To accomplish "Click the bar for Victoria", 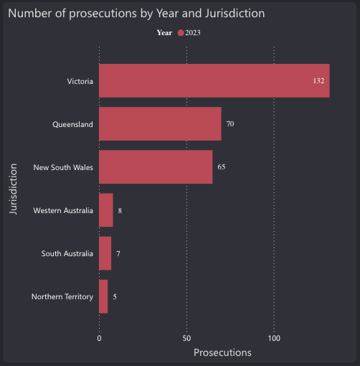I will click(214, 81).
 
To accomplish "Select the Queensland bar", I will click(160, 124).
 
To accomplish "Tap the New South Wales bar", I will click(156, 167).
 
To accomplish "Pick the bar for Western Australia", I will click(106, 210).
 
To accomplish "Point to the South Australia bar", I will click(105, 253).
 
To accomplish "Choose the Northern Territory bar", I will click(103, 296).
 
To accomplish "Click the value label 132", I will click(319, 81).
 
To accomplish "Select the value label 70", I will click(230, 124).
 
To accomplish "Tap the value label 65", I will click(222, 167).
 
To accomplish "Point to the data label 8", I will click(120, 210).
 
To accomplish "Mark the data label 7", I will click(118, 253).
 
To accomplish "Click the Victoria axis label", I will click(80, 81).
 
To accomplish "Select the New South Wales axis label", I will click(63, 167).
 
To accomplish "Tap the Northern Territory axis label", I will click(62, 296).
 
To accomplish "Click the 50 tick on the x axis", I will click(186, 338).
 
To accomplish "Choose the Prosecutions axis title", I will click(222, 353).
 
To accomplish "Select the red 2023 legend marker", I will click(181, 33).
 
